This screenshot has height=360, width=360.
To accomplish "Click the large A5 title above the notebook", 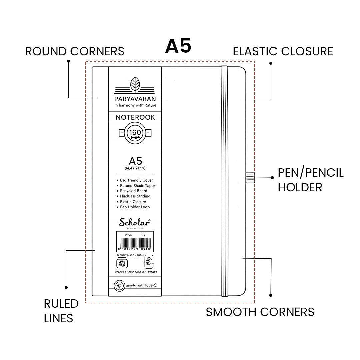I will coord(178,46).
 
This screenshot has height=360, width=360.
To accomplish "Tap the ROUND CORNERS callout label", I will coord(75,51).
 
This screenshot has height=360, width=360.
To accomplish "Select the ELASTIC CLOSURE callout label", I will coord(283,51).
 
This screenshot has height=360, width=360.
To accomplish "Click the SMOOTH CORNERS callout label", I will coord(260,312).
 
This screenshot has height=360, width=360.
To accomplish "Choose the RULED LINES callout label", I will coord(61,311).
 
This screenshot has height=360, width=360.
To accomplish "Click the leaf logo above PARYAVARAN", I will coord(135,83).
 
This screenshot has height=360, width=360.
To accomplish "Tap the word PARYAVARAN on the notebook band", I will coord(135,99).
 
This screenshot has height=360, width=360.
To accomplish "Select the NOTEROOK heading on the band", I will coord(135,117).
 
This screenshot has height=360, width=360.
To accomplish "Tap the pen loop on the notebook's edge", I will coord(250,178).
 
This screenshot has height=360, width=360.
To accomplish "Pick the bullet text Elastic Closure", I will coord(133,202).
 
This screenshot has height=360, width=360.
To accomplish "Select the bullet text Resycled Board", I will coord(133,191).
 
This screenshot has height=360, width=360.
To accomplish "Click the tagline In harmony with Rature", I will coord(135,105).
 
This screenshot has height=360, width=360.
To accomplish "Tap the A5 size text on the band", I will coord(135,162).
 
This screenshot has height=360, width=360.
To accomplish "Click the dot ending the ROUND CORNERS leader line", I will coord(68,61).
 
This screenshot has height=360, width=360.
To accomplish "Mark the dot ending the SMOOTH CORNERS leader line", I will coord(271,295).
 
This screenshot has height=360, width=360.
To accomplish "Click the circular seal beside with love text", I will coord(118,286).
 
